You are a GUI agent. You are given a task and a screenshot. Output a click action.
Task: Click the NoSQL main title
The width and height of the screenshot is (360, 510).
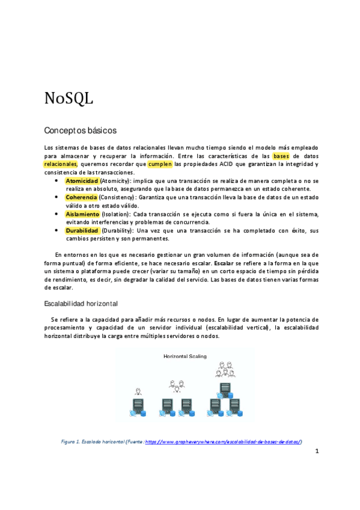pyautogui.click(x=69, y=98)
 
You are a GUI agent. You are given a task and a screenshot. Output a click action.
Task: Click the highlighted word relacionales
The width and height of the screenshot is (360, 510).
pyautogui.click(x=61, y=164)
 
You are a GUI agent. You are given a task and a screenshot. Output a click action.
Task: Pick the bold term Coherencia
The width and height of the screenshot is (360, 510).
pyautogui.click(x=81, y=197)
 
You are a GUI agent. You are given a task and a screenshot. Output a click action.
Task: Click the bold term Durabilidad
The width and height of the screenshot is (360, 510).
pyautogui.click(x=83, y=230)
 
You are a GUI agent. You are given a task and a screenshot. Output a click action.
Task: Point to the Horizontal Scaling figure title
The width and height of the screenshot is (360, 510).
pyautogui.click(x=185, y=356)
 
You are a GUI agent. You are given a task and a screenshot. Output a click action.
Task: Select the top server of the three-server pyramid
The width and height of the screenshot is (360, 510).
pyautogui.click(x=225, y=387)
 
